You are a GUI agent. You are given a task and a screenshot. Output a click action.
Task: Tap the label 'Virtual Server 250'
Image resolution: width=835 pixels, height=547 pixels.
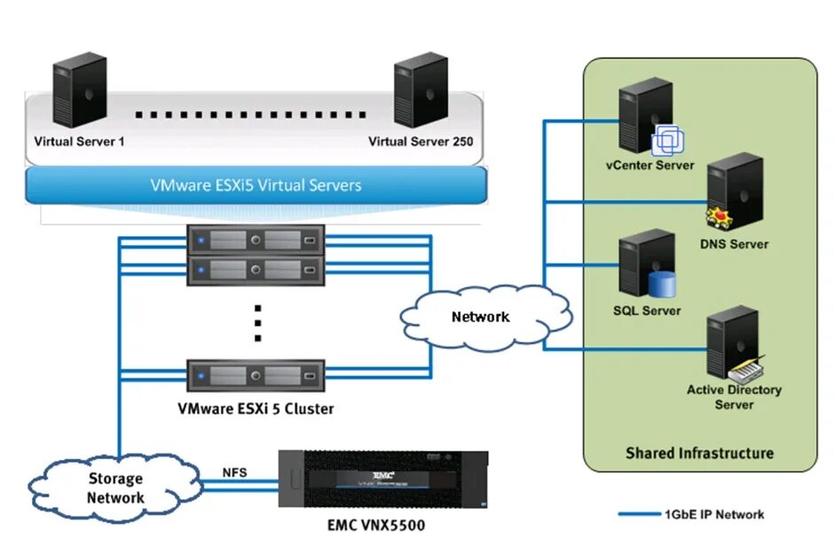click(421, 141)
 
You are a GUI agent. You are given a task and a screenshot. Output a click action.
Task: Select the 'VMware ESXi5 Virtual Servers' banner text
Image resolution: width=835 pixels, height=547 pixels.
click(256, 186)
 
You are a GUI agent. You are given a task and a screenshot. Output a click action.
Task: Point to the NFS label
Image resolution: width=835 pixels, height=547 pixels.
click(234, 472)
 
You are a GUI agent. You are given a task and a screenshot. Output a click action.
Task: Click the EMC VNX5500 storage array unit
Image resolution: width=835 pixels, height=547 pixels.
click(383, 481)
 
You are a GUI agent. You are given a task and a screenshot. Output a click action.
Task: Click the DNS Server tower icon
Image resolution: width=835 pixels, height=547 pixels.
click(735, 191)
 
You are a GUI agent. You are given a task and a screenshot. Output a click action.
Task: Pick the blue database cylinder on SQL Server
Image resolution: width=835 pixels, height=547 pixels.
click(662, 284)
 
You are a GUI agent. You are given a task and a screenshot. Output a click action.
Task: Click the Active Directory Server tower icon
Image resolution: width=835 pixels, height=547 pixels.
click(733, 342)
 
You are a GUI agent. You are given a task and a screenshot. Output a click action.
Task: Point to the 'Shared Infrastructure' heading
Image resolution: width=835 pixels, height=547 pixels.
click(699, 453)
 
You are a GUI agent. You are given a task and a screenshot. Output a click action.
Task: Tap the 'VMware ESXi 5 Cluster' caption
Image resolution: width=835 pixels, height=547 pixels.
click(256, 409)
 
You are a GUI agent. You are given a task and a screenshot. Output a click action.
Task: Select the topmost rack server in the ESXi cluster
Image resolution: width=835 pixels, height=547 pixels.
click(256, 240)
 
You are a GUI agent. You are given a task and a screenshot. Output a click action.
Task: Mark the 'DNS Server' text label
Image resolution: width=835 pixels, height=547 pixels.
click(736, 244)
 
